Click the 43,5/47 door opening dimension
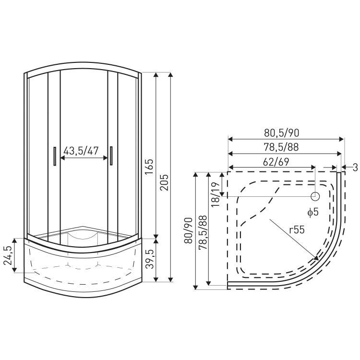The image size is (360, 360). click(81, 151)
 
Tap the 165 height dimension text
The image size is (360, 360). click(149, 167)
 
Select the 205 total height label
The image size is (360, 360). click(164, 182)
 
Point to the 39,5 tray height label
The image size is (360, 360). click(149, 259)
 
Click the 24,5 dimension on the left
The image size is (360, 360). click(8, 255)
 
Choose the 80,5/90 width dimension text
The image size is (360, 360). click(282, 133)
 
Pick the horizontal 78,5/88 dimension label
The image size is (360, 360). click(281, 147)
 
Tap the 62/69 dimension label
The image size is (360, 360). click(276, 162)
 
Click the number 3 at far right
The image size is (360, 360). click(355, 168)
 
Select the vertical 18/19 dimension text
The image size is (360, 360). click(216, 195)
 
